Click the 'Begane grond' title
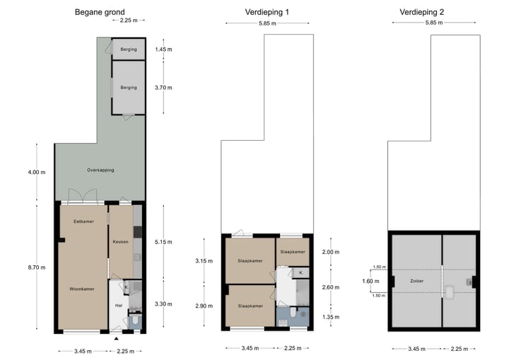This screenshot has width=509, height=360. click(100, 12)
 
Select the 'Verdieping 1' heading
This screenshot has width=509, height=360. click(267, 12)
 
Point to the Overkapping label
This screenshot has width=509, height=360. click(100, 170)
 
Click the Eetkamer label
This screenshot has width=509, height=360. click(83, 221)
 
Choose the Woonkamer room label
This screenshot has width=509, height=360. click(83, 289)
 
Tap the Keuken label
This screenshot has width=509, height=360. click(120, 242)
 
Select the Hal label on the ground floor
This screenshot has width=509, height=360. click(119, 306)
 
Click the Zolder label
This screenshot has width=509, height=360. click(416, 281)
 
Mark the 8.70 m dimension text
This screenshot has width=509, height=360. click(37, 267)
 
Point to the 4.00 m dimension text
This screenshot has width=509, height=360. click(37, 172)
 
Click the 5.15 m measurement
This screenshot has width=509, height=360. click(163, 242)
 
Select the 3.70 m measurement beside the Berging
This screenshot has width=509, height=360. click(163, 88)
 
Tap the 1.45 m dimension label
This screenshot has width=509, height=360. click(163, 50)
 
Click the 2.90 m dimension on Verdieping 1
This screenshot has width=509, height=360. click(203, 306)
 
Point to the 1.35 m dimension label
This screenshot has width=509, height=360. click(331, 318)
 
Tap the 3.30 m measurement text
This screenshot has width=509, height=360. click(163, 303)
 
